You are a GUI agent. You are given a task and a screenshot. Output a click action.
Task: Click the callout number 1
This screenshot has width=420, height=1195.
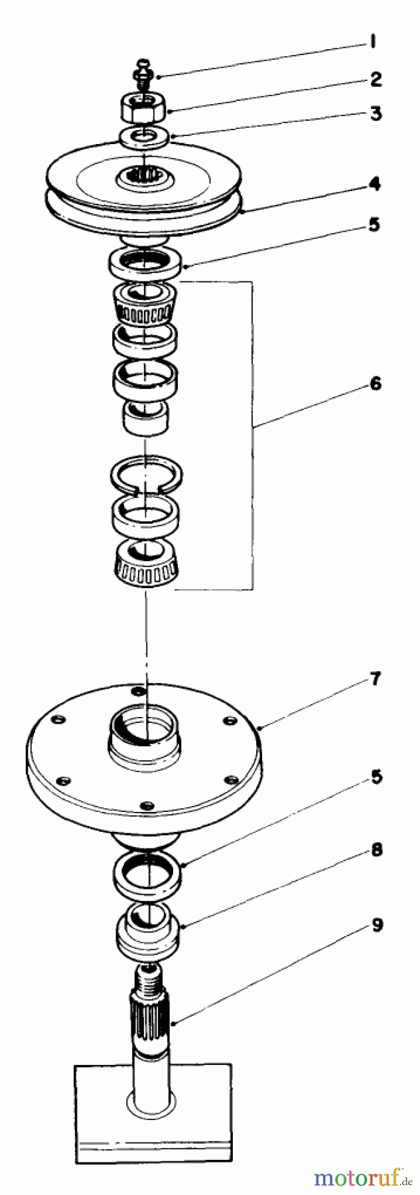[x=374, y=42]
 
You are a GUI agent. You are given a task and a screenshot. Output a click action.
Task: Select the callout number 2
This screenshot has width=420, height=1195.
[x=376, y=80]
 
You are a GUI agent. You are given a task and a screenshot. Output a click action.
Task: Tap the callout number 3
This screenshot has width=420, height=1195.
[x=376, y=114]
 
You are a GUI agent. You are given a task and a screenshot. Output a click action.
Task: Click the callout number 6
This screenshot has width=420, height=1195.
[x=376, y=383]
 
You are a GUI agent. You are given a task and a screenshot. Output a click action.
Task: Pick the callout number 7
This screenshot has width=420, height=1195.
[x=376, y=680]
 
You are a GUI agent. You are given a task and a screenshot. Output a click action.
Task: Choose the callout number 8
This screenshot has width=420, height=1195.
[x=376, y=849]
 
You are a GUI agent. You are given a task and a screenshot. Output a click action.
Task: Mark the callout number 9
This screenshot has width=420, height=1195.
[x=376, y=924]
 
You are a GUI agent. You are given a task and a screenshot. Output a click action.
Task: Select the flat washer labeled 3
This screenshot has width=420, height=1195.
[x=144, y=137]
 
